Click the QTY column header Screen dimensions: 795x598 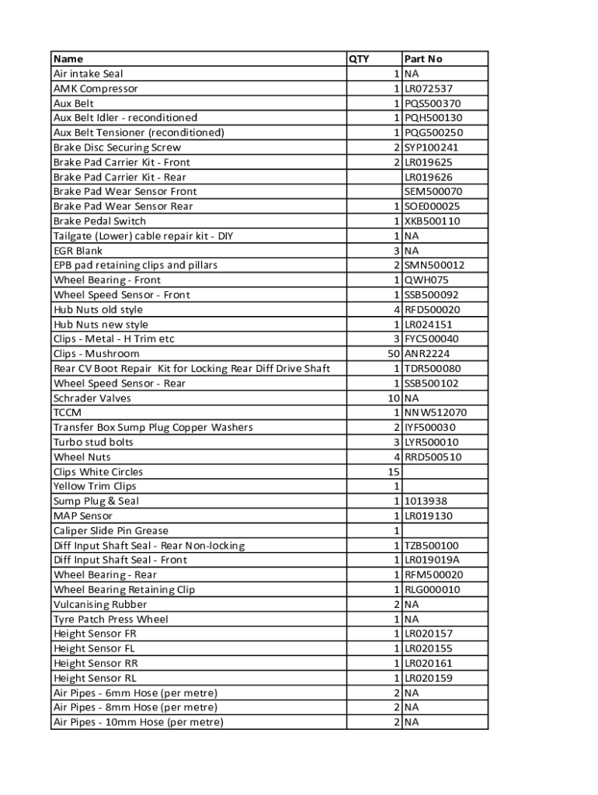pos(359,59)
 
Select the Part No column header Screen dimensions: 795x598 pos(423,59)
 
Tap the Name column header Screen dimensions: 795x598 pos(68,59)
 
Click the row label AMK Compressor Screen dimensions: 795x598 pos(96,89)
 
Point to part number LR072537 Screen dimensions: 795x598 pos(429,89)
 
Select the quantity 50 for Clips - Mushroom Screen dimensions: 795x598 pos(392,354)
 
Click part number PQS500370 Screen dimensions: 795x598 pos(433,103)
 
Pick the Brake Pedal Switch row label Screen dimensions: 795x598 pos(99,221)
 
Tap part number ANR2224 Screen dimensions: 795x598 pos(426,354)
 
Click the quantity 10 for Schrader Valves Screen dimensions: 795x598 pos(392,398)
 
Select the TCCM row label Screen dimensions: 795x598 pos(68,413)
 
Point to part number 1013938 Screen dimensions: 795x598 pos(426,502)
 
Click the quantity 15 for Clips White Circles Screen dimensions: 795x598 pos(393,472)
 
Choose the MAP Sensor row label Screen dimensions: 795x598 pos(83,516)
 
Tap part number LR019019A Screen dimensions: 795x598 pos(432,561)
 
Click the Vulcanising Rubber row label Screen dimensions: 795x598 pos(100,605)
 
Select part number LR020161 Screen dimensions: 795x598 pos(429,664)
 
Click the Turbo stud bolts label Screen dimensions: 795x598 pos(93,443)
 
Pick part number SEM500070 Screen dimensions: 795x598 pos(433,192)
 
